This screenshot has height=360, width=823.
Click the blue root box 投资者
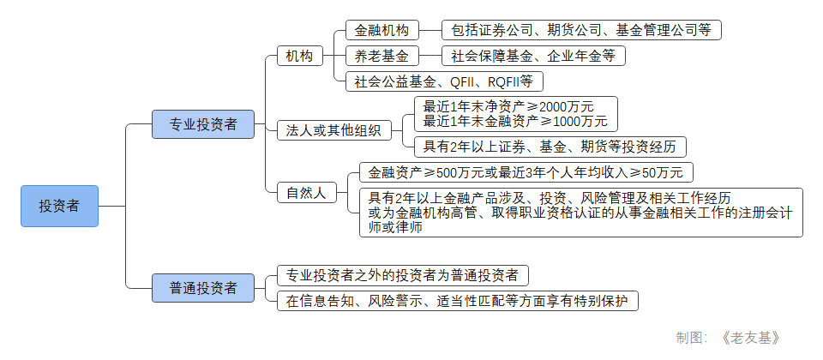point(59,206)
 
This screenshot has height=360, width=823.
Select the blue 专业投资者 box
point(203,124)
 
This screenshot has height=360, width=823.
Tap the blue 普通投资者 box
point(203,288)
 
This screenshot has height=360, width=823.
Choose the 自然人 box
point(306,192)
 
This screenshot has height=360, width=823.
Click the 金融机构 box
point(381,30)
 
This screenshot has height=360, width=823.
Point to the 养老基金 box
point(381,57)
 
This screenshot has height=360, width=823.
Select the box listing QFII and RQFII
point(443,82)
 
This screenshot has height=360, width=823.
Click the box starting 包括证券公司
point(580,30)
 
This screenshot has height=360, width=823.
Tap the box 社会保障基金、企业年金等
point(533,57)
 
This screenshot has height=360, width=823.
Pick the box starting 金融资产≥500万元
point(520,172)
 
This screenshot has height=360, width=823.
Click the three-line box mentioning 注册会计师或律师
point(580,213)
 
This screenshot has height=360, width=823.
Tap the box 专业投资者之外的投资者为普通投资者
point(402,276)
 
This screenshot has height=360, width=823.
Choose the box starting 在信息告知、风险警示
point(457,301)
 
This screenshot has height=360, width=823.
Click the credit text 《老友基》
point(751,338)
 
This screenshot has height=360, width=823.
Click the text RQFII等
point(511,82)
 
